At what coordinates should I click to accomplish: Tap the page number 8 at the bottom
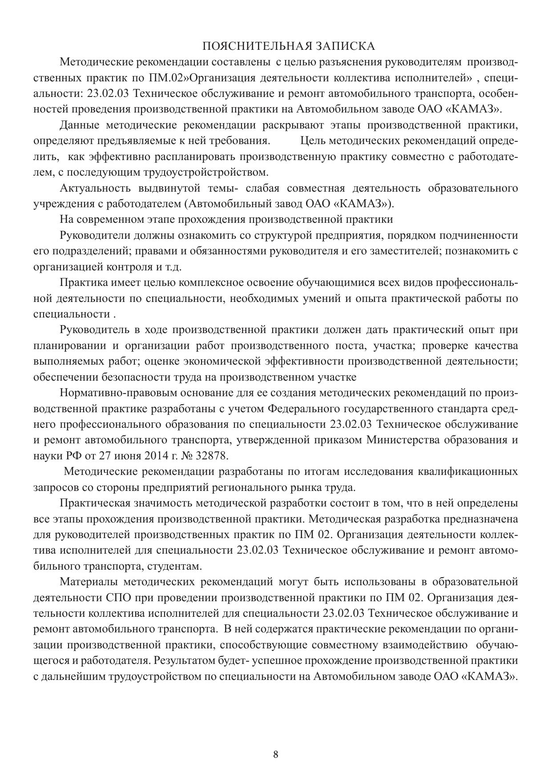click(x=276, y=754)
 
